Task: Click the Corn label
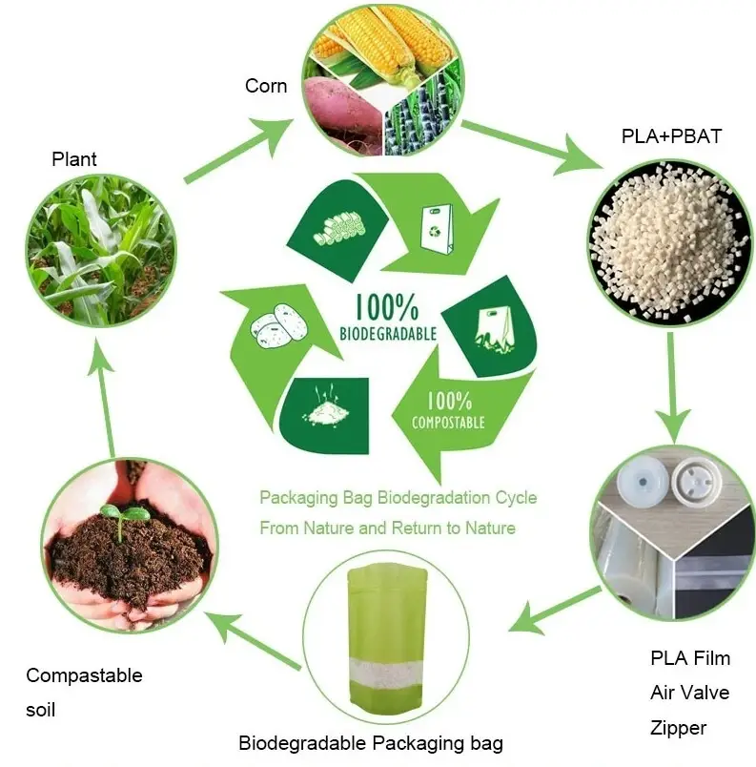(266, 86)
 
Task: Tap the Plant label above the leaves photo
(74, 159)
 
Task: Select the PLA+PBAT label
(671, 136)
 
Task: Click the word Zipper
(679, 728)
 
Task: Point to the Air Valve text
(690, 693)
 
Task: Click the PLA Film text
(690, 658)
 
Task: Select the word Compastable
(84, 675)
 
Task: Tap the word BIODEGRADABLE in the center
(388, 334)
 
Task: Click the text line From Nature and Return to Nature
(387, 528)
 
